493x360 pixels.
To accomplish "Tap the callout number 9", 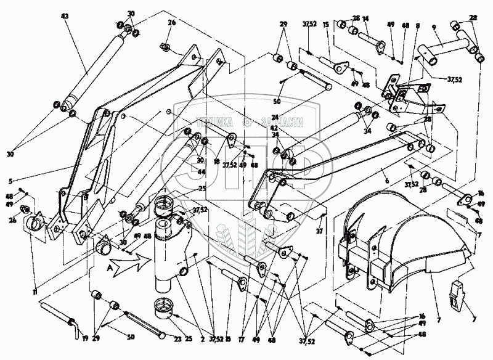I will tap(435, 27).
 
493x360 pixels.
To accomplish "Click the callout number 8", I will tap(417, 27).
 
